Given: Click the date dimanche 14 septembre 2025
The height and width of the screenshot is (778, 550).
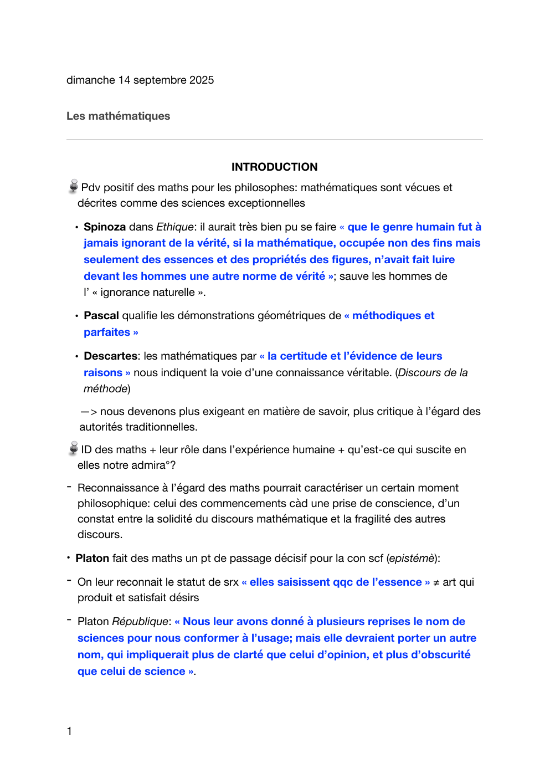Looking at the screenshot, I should [x=140, y=80].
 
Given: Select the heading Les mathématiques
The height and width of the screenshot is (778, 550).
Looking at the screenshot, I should [x=118, y=116].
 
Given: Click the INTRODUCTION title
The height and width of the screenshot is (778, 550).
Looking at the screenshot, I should [x=274, y=167].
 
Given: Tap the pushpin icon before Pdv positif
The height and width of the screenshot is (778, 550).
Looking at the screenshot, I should [x=73, y=187].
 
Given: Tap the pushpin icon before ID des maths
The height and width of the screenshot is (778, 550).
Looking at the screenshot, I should [x=73, y=449].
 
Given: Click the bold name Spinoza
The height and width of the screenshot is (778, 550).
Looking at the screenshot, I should [x=105, y=227].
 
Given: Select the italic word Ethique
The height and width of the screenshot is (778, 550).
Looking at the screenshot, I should [x=175, y=227].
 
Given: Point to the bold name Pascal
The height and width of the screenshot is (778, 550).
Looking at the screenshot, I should [x=101, y=316].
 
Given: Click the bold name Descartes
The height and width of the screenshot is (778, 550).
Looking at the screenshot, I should [x=110, y=356].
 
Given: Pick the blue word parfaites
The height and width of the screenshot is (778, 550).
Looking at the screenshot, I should [x=107, y=332].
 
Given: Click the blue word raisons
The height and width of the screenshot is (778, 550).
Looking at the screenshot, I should [x=103, y=373].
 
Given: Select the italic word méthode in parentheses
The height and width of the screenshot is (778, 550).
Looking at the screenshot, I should [x=105, y=389].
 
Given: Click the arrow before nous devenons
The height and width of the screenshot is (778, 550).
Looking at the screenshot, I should [x=89, y=412].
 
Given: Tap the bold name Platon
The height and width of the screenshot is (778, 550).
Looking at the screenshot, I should [x=92, y=559].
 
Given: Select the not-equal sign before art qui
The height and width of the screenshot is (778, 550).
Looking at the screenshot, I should [x=436, y=582].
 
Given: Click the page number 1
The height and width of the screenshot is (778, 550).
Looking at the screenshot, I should [x=69, y=731].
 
